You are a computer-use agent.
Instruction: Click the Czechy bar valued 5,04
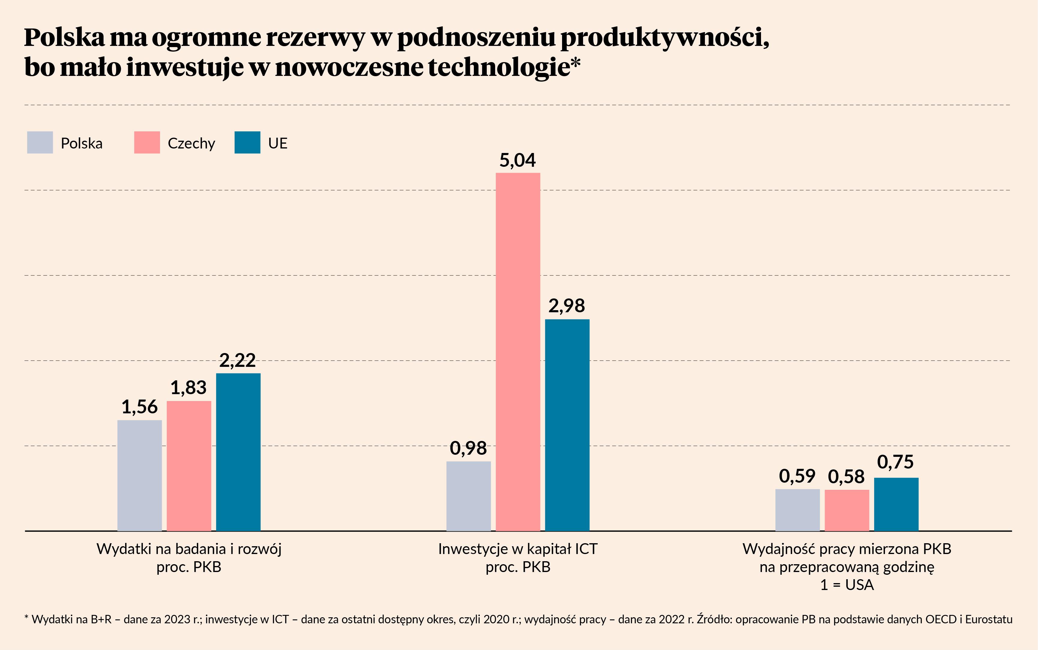(518, 352)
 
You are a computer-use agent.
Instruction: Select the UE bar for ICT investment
(567, 425)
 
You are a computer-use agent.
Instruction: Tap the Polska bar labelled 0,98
(468, 496)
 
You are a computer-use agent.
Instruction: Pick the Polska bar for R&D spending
(139, 475)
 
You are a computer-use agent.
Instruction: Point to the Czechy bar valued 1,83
(189, 466)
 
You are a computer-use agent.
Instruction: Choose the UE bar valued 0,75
(896, 504)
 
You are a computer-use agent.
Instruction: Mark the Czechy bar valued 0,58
(847, 510)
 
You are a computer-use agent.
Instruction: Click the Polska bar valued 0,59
(797, 510)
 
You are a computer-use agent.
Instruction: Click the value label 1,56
(139, 407)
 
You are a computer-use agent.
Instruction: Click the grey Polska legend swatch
(40, 142)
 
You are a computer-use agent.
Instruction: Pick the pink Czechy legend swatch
(147, 142)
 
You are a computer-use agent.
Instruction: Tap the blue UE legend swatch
(247, 142)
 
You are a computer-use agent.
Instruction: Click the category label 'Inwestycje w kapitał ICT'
(518, 549)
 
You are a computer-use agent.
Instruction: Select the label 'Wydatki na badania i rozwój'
(189, 549)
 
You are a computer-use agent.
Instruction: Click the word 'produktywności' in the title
(664, 37)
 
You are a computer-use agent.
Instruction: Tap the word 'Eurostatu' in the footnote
(988, 619)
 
